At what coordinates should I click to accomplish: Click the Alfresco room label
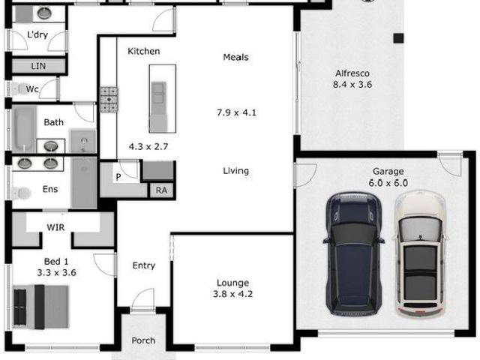tap(352, 73)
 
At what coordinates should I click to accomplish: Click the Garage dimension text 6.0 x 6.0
tap(388, 182)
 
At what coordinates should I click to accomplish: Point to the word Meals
tap(235, 57)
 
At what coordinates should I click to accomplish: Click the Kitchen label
tap(143, 51)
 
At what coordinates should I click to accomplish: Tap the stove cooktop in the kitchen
tap(109, 99)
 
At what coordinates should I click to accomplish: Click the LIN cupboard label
tap(38, 66)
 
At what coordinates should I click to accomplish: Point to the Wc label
tap(32, 89)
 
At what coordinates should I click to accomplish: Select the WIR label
tap(55, 226)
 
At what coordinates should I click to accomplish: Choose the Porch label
tap(143, 340)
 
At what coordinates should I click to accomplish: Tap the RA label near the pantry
tap(161, 190)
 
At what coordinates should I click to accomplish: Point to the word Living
tap(235, 171)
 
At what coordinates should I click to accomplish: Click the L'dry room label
tap(37, 35)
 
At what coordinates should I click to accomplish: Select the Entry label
tap(143, 265)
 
